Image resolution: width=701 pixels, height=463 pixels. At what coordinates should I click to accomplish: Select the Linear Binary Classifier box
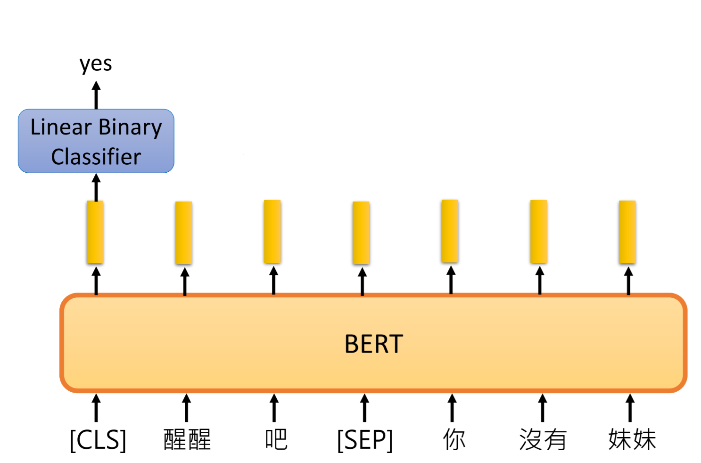tap(96, 141)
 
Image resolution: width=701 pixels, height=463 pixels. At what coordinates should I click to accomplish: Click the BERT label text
tap(374, 344)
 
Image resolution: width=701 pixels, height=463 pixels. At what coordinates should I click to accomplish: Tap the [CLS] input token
tap(98, 440)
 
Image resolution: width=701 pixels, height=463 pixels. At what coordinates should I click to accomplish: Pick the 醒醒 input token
tap(187, 440)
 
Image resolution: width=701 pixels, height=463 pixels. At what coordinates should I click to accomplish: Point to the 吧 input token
tap(276, 440)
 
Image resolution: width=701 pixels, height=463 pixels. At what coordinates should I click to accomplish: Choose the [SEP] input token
tap(365, 440)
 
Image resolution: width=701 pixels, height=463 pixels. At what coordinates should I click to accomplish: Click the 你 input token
tap(454, 440)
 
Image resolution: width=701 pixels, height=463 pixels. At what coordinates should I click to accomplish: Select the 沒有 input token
tap(543, 440)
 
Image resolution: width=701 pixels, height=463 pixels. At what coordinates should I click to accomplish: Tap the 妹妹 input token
tap(632, 440)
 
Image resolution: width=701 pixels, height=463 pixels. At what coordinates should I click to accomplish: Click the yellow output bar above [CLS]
tap(95, 232)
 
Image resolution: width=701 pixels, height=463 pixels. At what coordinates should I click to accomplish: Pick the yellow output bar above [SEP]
tap(361, 232)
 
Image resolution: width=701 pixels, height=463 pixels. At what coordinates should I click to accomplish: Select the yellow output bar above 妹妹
tap(627, 232)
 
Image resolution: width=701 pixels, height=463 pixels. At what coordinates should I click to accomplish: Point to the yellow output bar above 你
tap(450, 231)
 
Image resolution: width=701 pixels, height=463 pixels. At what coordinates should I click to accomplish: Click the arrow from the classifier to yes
tap(96, 95)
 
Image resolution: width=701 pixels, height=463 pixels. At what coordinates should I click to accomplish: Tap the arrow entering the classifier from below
tap(96, 187)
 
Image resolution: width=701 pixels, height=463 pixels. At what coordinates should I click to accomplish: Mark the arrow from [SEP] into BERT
tap(364, 408)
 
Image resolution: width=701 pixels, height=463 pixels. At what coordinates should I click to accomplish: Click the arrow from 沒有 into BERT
tap(543, 408)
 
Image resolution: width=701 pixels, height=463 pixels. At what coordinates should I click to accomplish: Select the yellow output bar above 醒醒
tap(183, 233)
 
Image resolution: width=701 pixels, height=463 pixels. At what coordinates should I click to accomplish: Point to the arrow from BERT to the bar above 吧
tap(273, 280)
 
